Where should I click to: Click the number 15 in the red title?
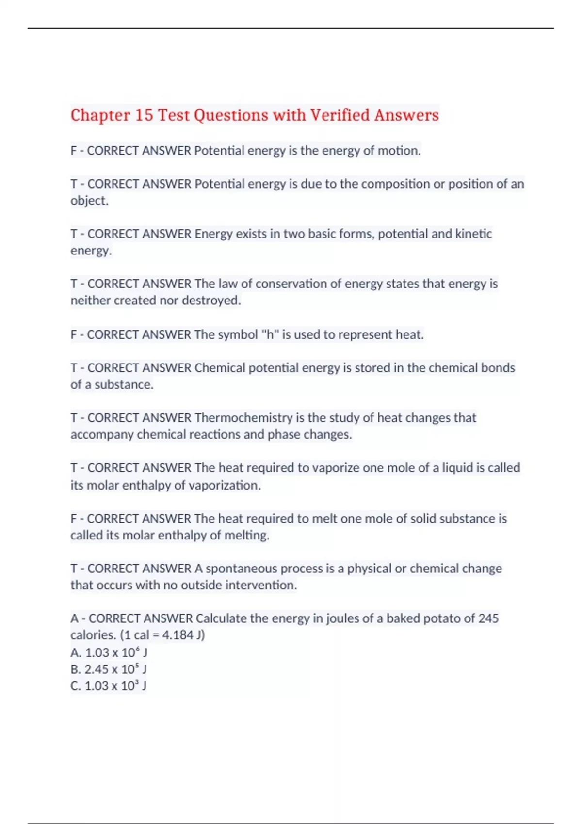pyautogui.click(x=144, y=115)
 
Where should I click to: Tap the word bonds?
pyautogui.click(x=498, y=368)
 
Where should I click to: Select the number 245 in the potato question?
pyautogui.click(x=488, y=618)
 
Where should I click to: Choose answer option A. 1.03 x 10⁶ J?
pyautogui.click(x=109, y=652)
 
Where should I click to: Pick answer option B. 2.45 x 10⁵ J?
pyautogui.click(x=109, y=669)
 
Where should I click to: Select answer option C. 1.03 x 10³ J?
pyautogui.click(x=109, y=686)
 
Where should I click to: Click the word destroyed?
pyautogui.click(x=211, y=301)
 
